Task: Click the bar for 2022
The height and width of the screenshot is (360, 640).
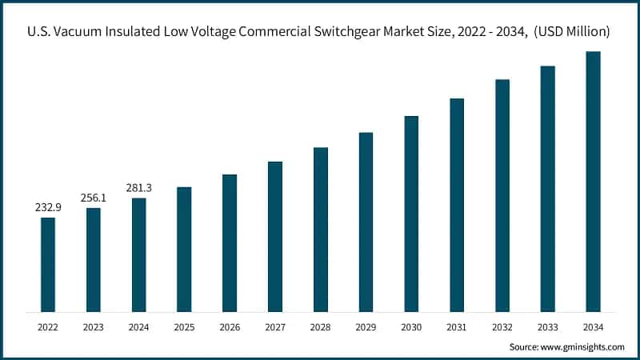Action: point(48,264)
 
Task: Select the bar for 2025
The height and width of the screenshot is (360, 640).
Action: point(184,249)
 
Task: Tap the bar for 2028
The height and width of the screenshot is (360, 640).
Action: point(321,230)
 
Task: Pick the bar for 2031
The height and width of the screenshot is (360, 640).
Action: point(457,205)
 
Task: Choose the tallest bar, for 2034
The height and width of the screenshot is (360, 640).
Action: point(593,182)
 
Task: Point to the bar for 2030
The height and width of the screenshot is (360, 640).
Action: point(411,214)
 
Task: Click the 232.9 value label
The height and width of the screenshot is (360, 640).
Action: point(48,207)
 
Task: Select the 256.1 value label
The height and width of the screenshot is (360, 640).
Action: point(94,198)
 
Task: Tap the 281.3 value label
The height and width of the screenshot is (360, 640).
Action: point(138,188)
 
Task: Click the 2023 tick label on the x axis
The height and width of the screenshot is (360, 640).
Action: point(94,326)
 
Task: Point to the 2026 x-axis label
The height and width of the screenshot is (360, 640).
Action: point(230,326)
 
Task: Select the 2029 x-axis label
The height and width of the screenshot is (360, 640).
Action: point(366,326)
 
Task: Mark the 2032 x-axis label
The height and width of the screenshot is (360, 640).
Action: point(502,326)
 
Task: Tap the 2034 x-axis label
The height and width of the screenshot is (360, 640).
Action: point(593,326)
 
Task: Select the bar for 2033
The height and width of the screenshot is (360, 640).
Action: point(547,189)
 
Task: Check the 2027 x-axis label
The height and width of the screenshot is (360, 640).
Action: point(275,326)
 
